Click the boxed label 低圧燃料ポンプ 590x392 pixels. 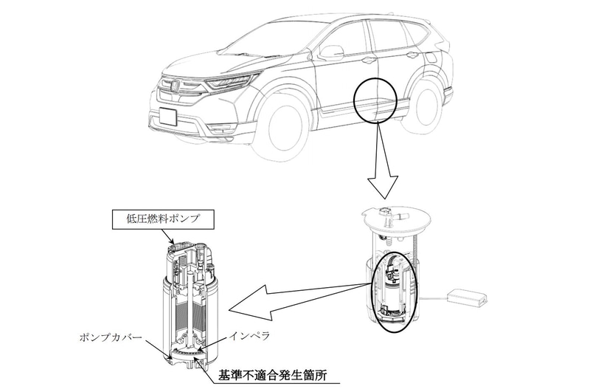point(163,219)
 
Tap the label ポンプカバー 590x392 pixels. point(111,337)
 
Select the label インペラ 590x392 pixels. point(249,337)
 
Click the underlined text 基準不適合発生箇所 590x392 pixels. point(273,376)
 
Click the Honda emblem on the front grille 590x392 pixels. point(176,86)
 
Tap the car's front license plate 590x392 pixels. point(168,116)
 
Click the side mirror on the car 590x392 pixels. point(331,52)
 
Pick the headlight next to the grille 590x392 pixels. point(229,82)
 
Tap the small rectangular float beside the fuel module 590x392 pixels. point(468,295)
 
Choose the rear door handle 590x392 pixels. point(412,55)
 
